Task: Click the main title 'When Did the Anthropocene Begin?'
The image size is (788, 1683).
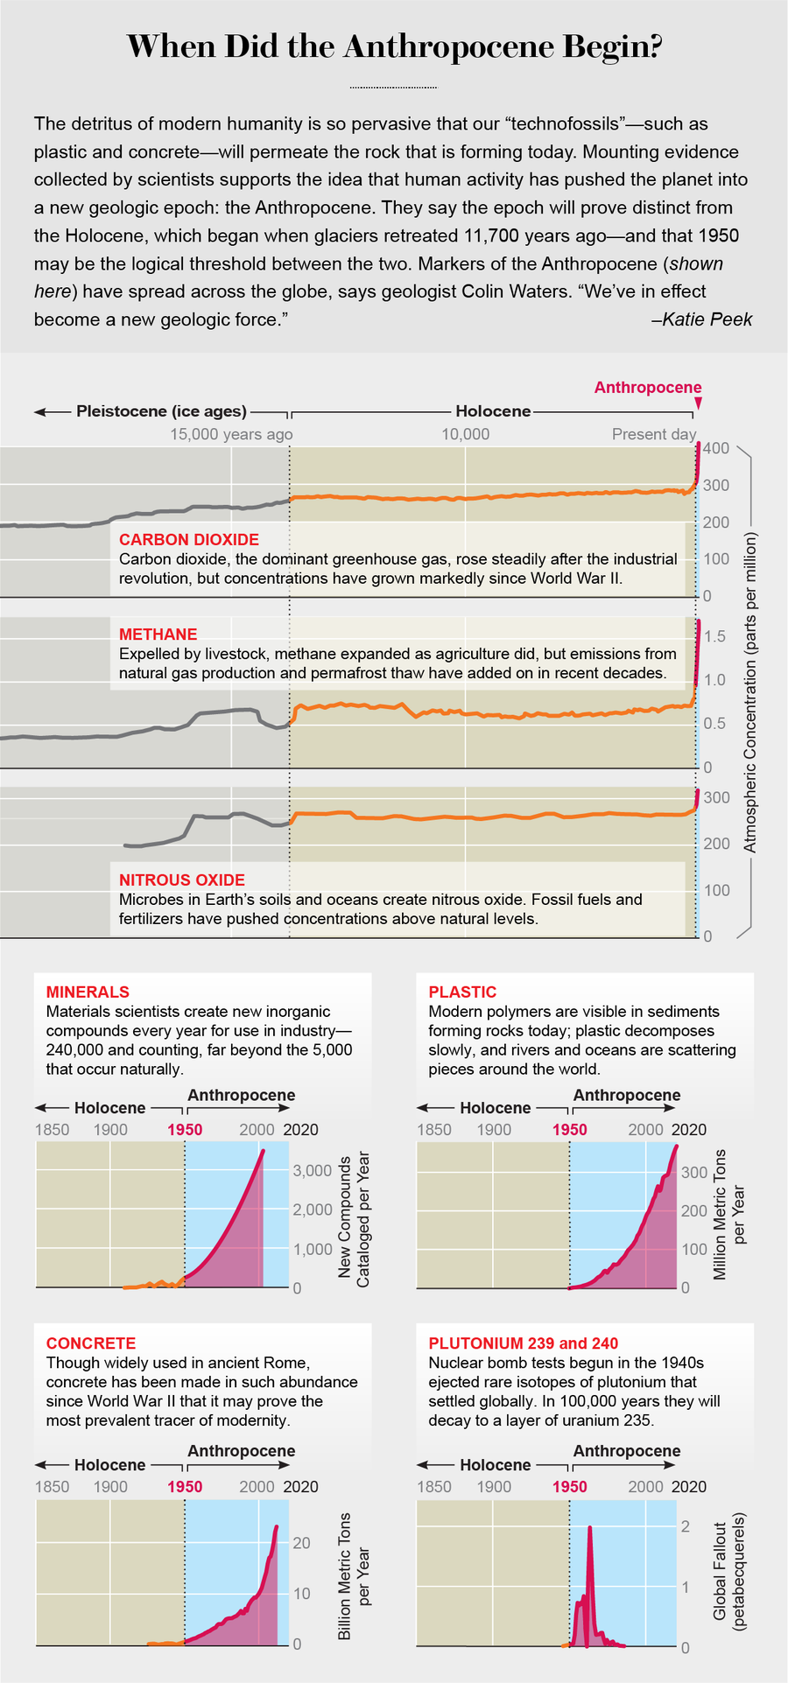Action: tap(394, 46)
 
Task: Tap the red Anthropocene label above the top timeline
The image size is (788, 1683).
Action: tap(647, 388)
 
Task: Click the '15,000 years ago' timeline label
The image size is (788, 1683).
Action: tap(231, 435)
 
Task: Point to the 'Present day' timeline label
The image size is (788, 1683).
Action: tap(653, 435)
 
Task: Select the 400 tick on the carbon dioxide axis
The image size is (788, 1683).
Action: tap(716, 449)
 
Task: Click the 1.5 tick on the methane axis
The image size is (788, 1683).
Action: tap(714, 636)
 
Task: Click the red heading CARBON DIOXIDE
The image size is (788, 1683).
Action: tap(189, 540)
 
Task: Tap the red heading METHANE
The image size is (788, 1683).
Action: tap(158, 635)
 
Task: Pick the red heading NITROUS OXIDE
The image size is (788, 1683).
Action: tap(182, 880)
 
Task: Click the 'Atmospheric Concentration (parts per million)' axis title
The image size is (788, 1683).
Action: tap(750, 691)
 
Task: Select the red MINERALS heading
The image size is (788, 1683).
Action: tap(88, 992)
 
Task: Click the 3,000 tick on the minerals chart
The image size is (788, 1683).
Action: tap(312, 1170)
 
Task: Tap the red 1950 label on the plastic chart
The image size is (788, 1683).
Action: tap(569, 1130)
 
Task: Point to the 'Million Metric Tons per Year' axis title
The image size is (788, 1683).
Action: tap(729, 1215)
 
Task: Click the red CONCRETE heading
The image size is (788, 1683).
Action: tap(91, 1343)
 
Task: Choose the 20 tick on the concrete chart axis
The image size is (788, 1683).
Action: tap(302, 1543)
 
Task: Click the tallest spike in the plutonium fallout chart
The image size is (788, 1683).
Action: tap(589, 1528)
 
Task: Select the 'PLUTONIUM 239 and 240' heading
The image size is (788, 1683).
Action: tap(523, 1343)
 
